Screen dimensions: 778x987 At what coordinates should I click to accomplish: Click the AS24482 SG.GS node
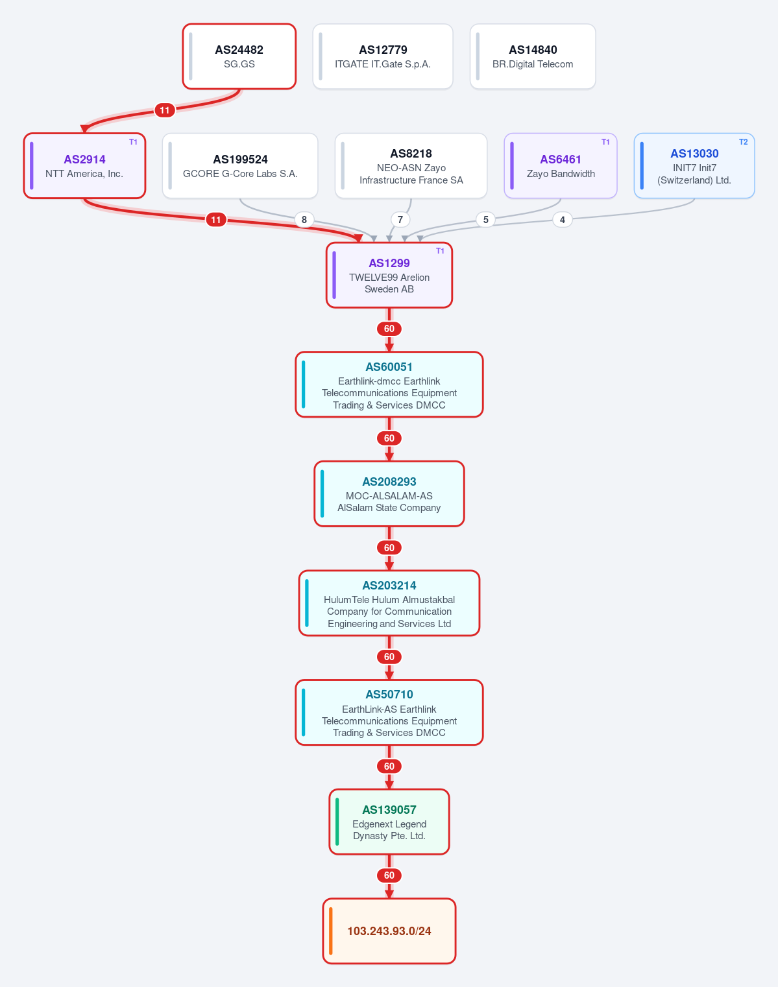click(239, 56)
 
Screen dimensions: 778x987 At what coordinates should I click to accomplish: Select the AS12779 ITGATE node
click(383, 56)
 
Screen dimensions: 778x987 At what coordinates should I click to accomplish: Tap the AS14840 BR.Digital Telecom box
click(533, 56)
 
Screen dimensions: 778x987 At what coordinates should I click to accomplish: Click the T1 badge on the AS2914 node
click(133, 142)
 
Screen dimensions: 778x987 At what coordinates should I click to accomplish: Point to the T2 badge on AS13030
click(743, 142)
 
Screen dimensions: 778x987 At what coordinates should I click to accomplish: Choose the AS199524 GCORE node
click(240, 165)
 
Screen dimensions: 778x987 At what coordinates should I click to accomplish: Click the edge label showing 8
click(304, 220)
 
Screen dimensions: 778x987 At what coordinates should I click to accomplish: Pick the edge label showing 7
click(400, 220)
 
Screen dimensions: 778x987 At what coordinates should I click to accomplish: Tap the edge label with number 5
click(485, 220)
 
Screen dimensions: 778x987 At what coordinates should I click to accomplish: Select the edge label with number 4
click(563, 220)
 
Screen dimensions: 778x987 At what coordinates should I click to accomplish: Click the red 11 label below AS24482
click(165, 110)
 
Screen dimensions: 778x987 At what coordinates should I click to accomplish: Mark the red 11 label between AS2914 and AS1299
click(216, 220)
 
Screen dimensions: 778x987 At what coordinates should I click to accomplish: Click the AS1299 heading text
click(389, 263)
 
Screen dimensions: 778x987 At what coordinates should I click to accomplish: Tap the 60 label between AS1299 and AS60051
click(389, 329)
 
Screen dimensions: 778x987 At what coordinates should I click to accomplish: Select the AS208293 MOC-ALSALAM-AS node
click(389, 494)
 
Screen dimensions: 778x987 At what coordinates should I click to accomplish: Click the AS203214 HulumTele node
click(389, 603)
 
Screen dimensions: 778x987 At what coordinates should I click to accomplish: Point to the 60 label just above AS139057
click(389, 767)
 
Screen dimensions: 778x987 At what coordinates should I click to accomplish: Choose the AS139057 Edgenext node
click(389, 822)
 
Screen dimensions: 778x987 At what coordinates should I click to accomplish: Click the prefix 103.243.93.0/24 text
click(389, 931)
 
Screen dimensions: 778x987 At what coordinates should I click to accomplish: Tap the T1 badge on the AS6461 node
click(605, 142)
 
